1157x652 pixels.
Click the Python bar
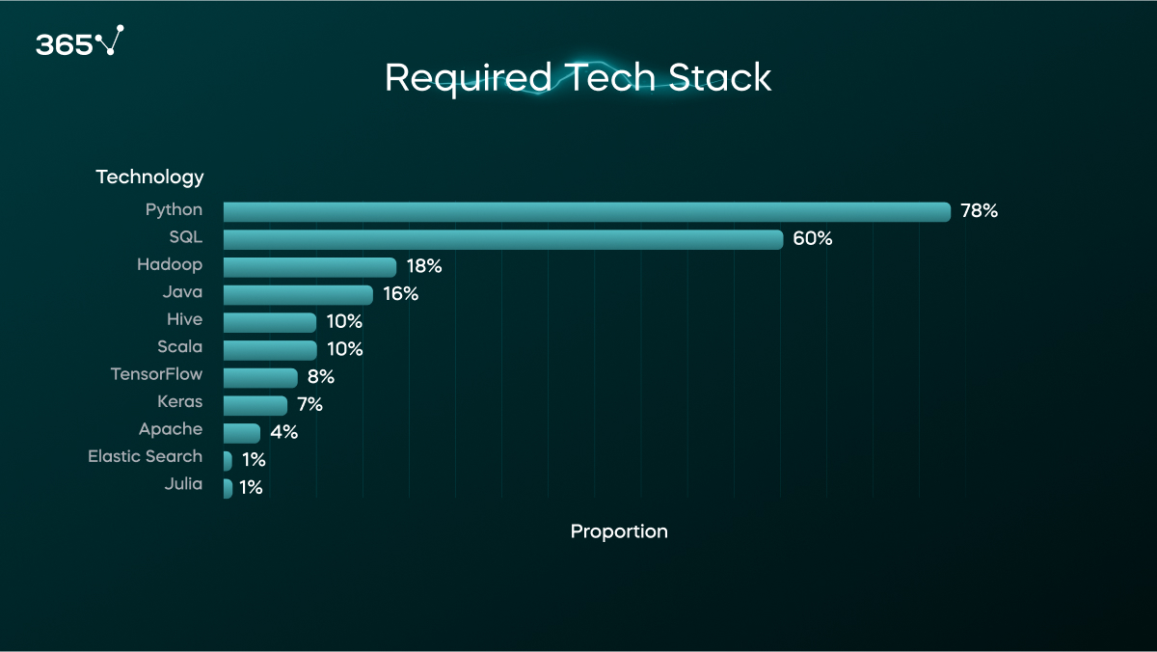click(x=586, y=211)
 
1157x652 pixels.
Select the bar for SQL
click(x=502, y=239)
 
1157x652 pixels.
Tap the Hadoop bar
click(x=309, y=267)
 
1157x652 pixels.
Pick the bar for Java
click(x=298, y=294)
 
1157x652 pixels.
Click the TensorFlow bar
click(x=260, y=377)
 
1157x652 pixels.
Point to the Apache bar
click(x=241, y=433)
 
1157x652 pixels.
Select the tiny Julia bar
click(x=228, y=488)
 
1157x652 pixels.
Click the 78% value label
click(x=979, y=211)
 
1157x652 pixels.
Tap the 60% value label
click(x=812, y=239)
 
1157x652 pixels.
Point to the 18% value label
click(x=423, y=266)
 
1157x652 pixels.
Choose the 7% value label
click(x=309, y=405)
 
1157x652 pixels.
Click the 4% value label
click(x=283, y=432)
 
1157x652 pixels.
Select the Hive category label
click(x=184, y=319)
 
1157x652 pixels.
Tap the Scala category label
click(x=180, y=346)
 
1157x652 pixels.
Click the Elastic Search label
click(x=145, y=456)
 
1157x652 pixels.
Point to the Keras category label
click(x=180, y=401)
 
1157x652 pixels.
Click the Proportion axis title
click(x=619, y=531)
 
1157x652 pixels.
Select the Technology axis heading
click(x=149, y=177)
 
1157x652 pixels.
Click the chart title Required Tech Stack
click(x=578, y=78)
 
